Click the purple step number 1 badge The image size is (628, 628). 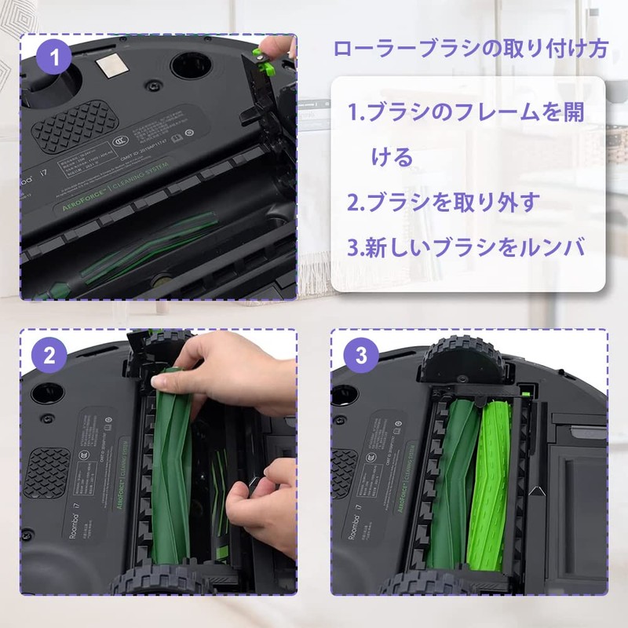point(54,57)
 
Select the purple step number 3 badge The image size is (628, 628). point(360,355)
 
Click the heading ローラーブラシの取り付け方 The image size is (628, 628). point(469,49)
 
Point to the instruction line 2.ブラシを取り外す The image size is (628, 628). point(444,203)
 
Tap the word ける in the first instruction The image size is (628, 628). point(392,157)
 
